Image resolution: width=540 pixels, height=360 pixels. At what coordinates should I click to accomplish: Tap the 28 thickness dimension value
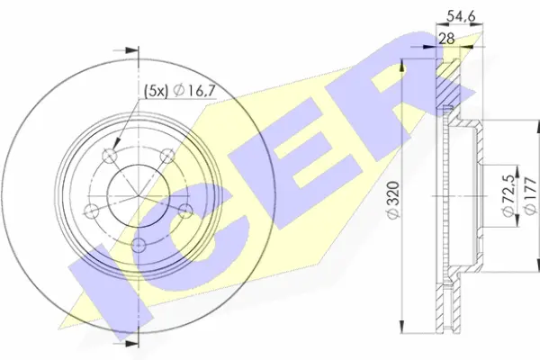[445, 37]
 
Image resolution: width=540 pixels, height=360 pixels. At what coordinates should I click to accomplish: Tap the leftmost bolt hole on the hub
[90, 211]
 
